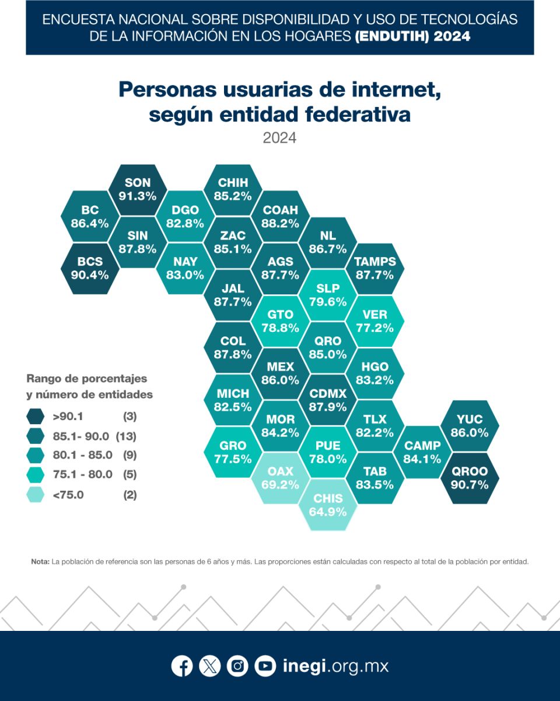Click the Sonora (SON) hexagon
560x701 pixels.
(x=138, y=190)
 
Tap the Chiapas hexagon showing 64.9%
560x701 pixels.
(x=328, y=505)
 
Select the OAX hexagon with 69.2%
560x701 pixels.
(x=281, y=478)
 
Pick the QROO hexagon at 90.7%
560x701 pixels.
(x=470, y=478)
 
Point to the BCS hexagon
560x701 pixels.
(x=90, y=268)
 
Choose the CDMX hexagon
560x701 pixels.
(x=328, y=400)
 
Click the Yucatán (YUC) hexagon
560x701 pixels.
(x=470, y=426)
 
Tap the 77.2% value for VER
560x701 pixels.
(x=375, y=328)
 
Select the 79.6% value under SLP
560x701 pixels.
(x=328, y=302)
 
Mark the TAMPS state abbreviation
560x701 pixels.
(x=375, y=262)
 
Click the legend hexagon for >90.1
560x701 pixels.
(x=36, y=417)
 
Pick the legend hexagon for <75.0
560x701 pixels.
(x=36, y=495)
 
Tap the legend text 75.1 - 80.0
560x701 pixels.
(x=82, y=474)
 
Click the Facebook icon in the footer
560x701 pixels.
(x=182, y=666)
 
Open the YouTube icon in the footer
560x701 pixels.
(x=265, y=666)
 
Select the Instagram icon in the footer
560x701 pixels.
(x=237, y=666)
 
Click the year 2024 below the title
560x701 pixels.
(x=279, y=138)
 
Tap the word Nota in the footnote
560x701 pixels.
(x=40, y=561)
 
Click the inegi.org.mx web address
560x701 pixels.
(x=335, y=666)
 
